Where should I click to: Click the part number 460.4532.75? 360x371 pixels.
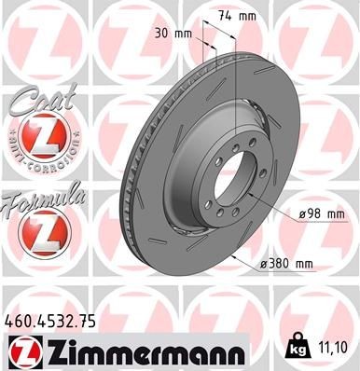56,320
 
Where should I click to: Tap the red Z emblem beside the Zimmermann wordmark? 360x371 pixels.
22,351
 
